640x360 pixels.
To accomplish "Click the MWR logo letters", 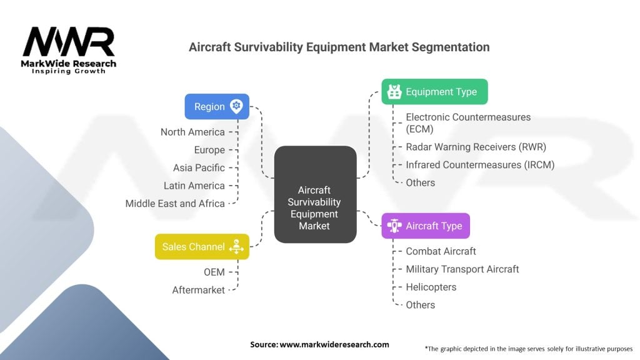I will (69, 42).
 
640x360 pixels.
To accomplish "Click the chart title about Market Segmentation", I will (339, 47).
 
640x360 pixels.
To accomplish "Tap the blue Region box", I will (216, 107).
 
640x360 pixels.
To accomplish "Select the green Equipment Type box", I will (434, 92).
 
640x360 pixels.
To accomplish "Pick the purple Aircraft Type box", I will (425, 226).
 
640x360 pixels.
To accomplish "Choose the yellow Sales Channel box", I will (202, 247).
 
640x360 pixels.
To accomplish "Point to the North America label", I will (192, 132).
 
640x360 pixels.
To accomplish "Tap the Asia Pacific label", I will (199, 167).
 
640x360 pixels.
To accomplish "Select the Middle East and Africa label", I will (175, 203).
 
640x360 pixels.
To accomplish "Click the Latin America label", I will (194, 186).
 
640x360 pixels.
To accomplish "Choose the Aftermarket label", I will (198, 290).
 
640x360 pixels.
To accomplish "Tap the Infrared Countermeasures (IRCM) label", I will (480, 165).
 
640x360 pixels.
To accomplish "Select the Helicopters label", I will (431, 287).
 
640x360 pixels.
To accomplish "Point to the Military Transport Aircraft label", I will (462, 269).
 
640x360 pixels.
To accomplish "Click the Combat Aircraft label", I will (441, 251).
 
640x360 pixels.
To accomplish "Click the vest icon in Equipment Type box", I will (394, 92).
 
